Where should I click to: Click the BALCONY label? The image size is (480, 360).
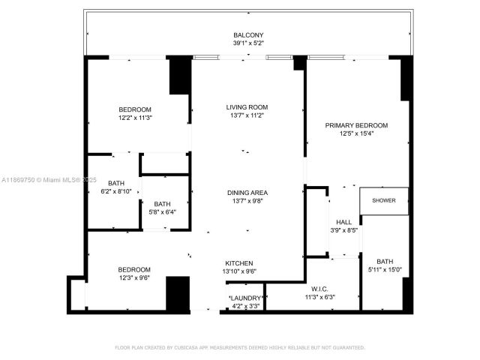247,35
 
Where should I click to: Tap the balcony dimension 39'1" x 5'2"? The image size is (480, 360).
247,43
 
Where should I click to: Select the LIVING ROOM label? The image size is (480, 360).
247,106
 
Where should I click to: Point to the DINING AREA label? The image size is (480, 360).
247,193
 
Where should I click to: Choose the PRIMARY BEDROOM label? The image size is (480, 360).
355,125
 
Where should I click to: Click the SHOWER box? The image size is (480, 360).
384,201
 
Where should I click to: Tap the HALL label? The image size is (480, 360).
343,222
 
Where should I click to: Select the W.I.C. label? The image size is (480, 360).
319,289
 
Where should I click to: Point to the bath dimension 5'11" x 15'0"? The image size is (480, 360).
384,269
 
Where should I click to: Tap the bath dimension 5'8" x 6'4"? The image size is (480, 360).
162,212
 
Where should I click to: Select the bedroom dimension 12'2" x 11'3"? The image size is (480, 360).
134,118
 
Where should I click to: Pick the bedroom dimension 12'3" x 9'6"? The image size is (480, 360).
133,278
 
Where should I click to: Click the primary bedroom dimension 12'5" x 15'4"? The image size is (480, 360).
355,133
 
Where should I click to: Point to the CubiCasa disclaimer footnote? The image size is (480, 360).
239,347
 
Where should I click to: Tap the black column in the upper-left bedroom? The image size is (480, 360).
179,76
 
